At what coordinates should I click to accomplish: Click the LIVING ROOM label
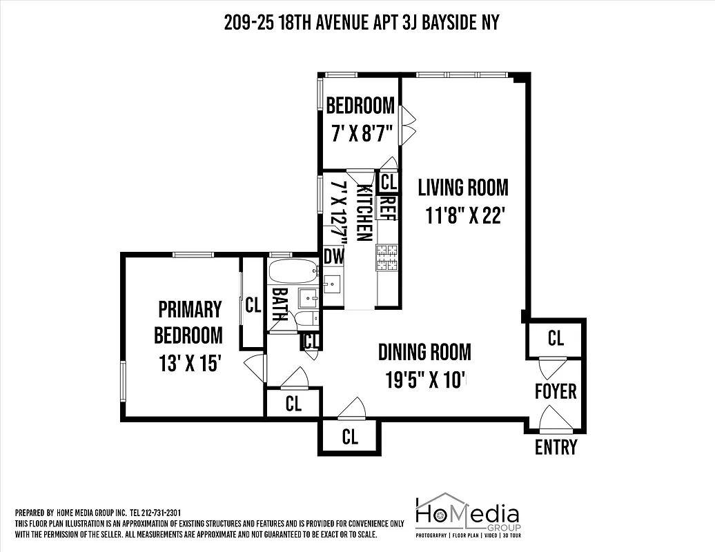462,188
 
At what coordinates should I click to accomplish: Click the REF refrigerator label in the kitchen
386,208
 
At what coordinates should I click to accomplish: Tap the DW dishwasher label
333,256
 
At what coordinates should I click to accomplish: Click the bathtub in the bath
293,271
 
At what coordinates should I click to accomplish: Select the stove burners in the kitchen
387,257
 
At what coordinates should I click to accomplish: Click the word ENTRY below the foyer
556,447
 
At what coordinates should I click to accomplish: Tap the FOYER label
556,391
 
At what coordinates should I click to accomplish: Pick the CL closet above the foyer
556,338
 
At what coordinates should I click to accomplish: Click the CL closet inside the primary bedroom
253,305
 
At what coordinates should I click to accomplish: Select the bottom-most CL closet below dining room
349,437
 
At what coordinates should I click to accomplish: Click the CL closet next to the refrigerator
389,182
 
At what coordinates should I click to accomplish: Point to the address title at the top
361,23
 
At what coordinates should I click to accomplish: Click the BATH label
280,304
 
